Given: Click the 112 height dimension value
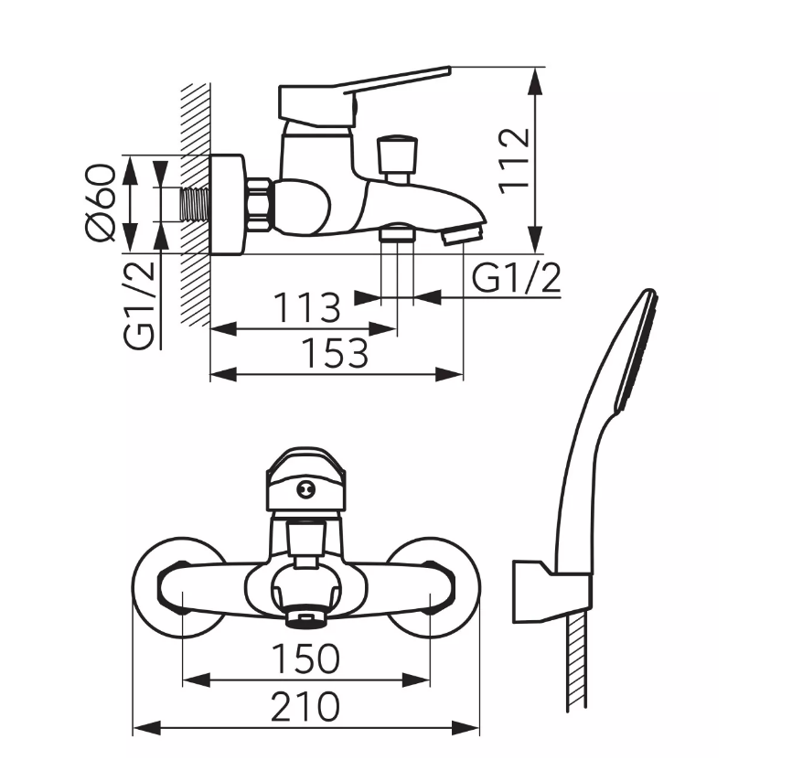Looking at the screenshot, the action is (x=515, y=161).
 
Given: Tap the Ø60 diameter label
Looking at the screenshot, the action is (x=101, y=203).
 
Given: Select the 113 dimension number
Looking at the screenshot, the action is (x=307, y=307).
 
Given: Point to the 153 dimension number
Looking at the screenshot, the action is (x=335, y=353).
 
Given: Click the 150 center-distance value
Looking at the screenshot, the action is (x=306, y=659).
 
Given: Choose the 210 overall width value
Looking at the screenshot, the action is (x=305, y=707).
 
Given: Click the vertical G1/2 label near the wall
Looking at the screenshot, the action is (x=139, y=305).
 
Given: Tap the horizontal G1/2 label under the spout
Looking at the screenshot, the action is (x=516, y=278).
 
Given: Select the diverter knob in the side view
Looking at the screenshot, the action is (x=397, y=155).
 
